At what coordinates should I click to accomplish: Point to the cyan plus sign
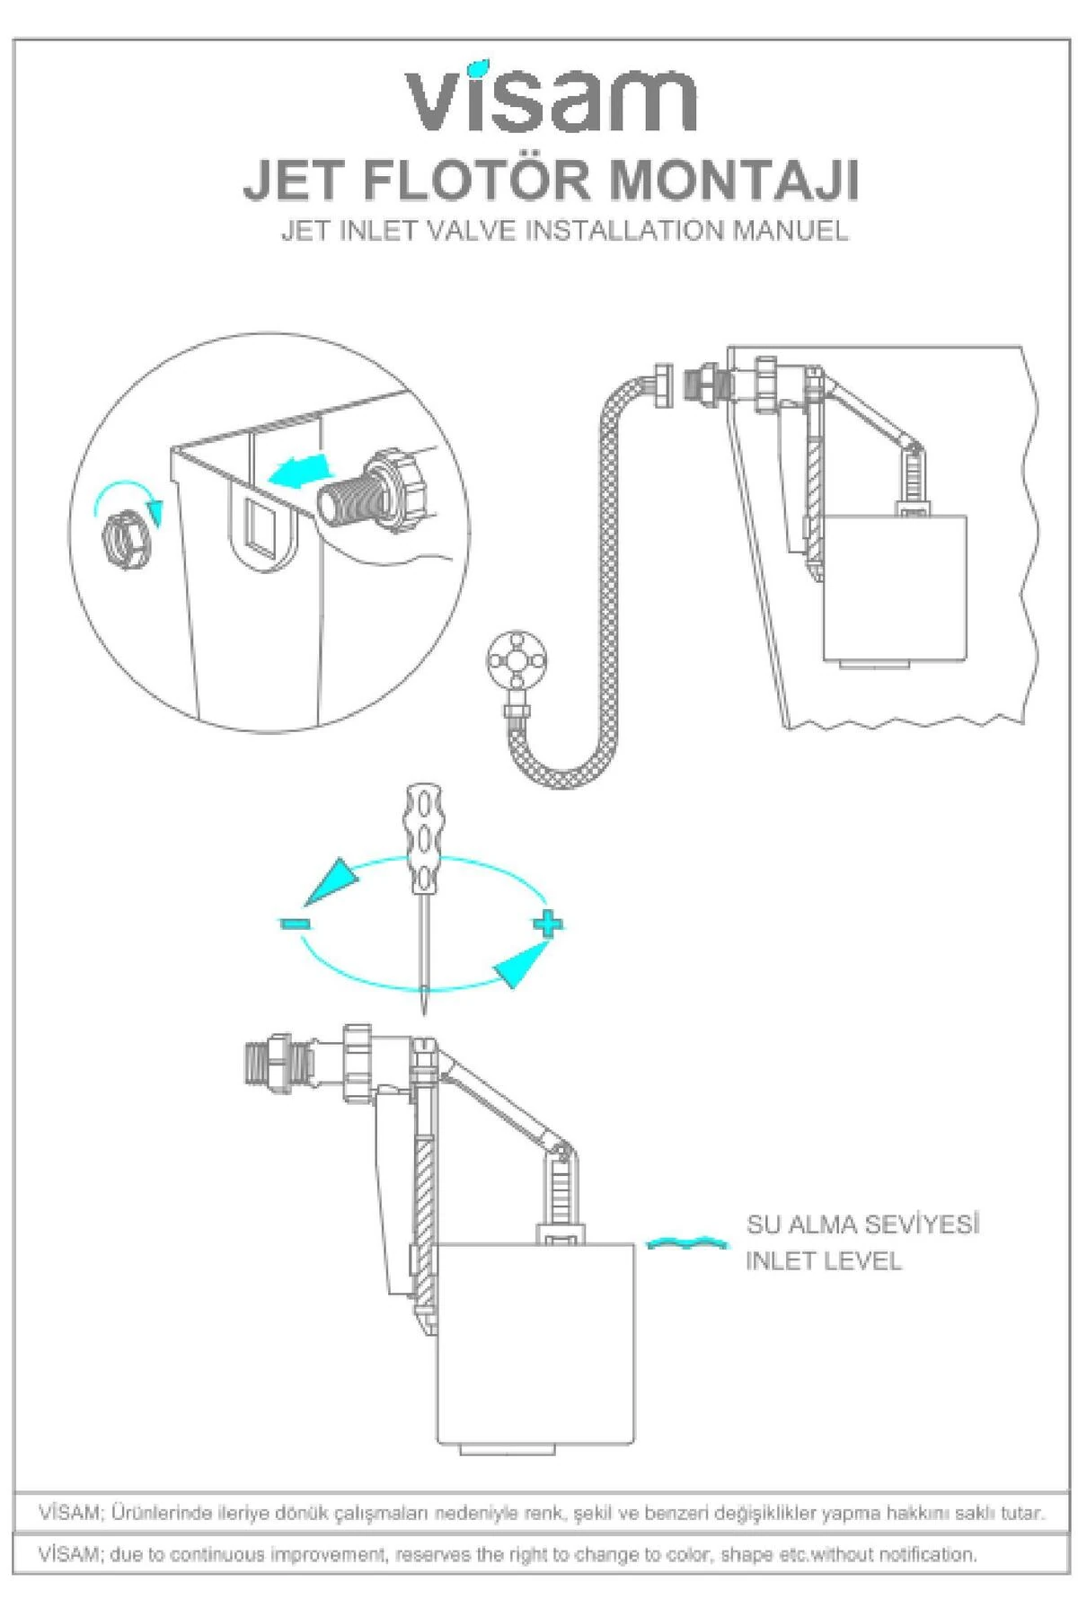pos(548,923)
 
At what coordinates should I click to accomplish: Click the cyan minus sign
pos(294,923)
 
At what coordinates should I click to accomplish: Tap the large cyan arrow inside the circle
pos(298,469)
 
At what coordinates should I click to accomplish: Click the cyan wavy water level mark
pos(687,1243)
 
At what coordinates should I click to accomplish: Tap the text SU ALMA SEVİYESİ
pos(862,1224)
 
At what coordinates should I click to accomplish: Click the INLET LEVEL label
pos(823,1261)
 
